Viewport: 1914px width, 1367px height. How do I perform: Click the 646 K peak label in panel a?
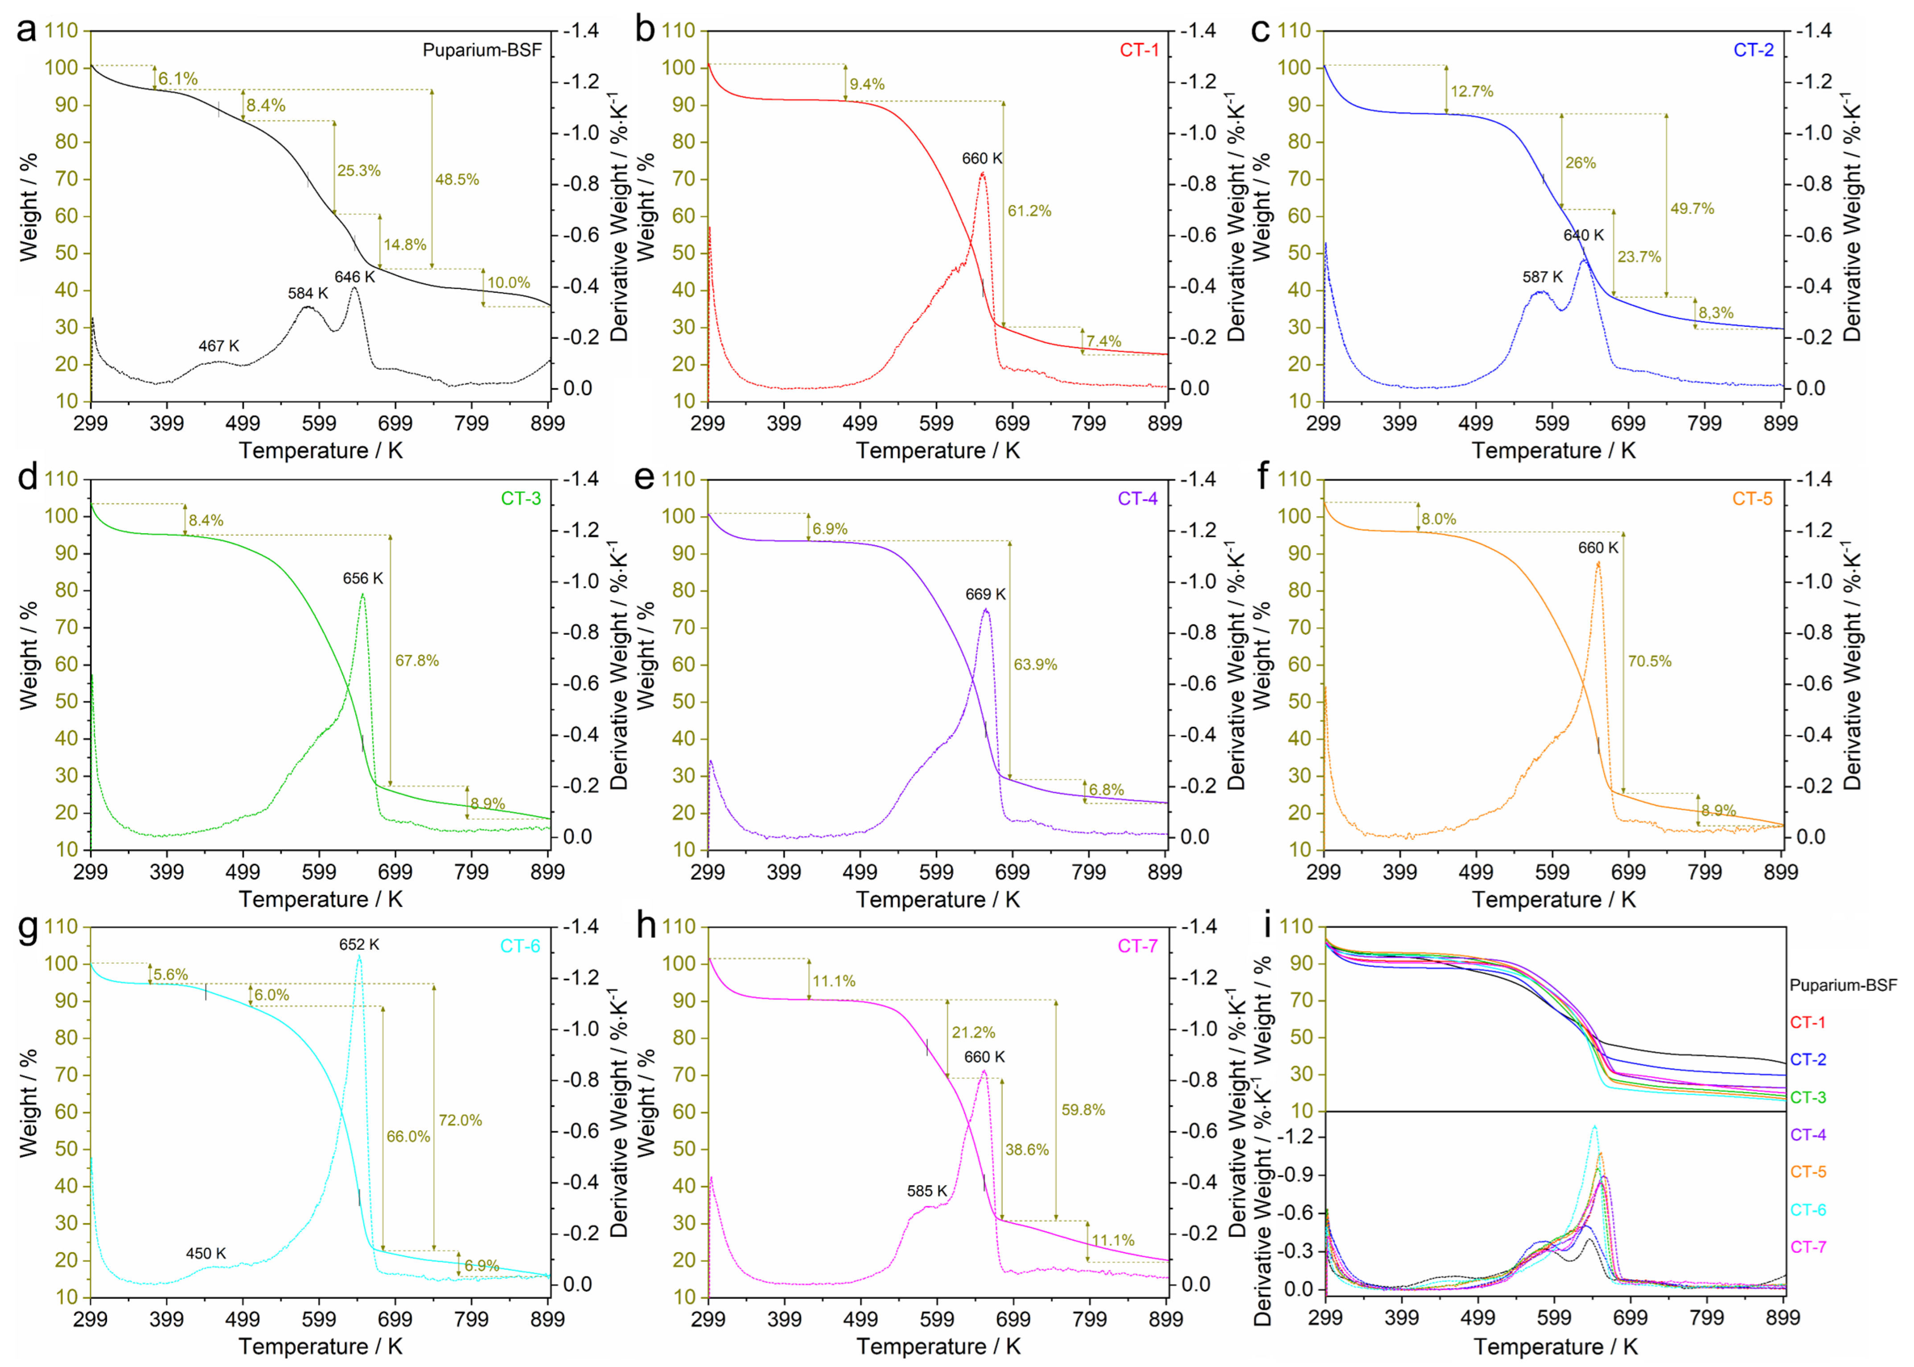coord(354,277)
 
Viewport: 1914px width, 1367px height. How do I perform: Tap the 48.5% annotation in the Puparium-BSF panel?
coord(457,179)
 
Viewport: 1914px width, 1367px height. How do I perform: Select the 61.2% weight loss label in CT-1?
coord(1029,211)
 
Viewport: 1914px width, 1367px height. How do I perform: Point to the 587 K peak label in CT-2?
coord(1542,277)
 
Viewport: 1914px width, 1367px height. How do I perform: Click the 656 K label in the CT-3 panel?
coord(363,578)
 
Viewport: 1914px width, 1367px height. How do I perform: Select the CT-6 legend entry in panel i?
coord(1808,1210)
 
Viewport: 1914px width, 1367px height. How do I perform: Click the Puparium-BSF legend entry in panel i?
coord(1843,985)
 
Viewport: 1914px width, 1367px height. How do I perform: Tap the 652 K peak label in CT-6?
coord(359,944)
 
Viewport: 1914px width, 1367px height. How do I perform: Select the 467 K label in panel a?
coord(219,346)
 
